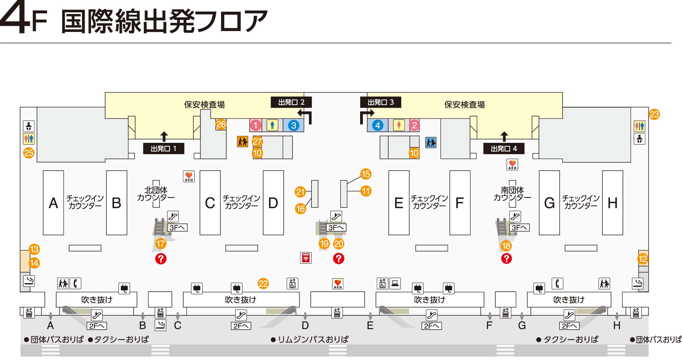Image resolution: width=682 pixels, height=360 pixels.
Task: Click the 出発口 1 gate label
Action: tap(164, 149)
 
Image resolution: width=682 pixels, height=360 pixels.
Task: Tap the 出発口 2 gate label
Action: tap(291, 102)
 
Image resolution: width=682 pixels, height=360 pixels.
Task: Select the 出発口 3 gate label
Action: tap(381, 102)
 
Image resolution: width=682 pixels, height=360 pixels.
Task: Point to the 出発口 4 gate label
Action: tap(504, 149)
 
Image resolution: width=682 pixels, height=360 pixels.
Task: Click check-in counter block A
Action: tap(53, 203)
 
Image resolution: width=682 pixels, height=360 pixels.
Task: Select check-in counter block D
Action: tap(273, 203)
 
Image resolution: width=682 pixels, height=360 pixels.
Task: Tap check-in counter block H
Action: tap(613, 203)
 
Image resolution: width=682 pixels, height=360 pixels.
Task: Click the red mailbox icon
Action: tap(306, 258)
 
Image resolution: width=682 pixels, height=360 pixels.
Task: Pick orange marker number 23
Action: tap(654, 114)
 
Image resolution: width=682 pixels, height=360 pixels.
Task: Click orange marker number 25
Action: tap(29, 153)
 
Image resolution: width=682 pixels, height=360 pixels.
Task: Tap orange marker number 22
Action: tap(263, 284)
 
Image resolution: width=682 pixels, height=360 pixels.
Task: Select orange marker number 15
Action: tap(366, 174)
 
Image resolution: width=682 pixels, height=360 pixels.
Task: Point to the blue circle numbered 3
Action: tap(293, 125)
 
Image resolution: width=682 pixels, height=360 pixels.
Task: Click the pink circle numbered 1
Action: tap(256, 125)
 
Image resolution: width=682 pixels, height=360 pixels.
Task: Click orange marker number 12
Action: tap(643, 259)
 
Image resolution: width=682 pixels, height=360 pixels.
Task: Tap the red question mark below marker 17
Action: tap(161, 259)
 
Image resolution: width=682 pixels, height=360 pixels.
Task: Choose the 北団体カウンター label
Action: tap(156, 194)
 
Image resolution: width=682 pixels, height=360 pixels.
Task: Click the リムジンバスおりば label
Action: tap(313, 339)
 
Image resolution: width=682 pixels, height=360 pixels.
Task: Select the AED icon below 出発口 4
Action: tap(512, 164)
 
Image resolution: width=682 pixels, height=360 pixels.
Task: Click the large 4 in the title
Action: tap(14, 19)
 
